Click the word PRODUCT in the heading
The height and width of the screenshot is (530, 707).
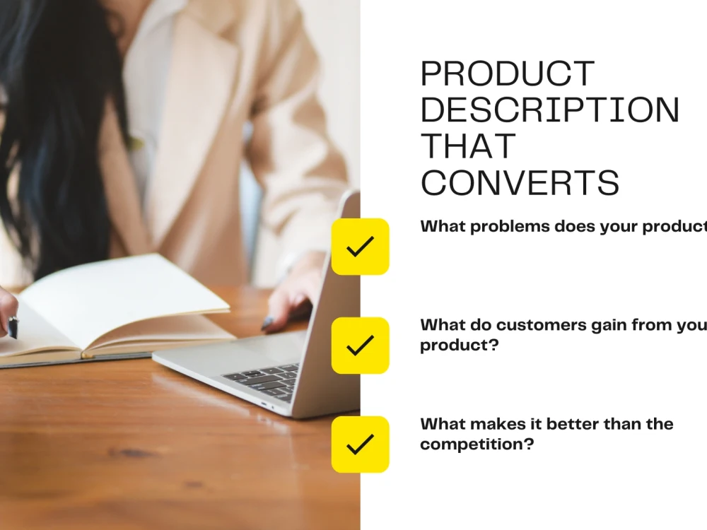(x=507, y=74)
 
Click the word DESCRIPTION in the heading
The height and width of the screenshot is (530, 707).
(x=550, y=110)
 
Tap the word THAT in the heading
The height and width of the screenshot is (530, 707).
(x=469, y=146)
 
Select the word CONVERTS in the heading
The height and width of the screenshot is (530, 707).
(x=520, y=183)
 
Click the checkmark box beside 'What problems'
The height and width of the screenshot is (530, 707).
(x=361, y=247)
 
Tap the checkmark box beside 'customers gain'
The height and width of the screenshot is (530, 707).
(x=361, y=346)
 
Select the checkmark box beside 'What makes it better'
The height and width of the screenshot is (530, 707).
(x=361, y=444)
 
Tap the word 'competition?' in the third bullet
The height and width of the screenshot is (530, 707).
(x=477, y=444)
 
